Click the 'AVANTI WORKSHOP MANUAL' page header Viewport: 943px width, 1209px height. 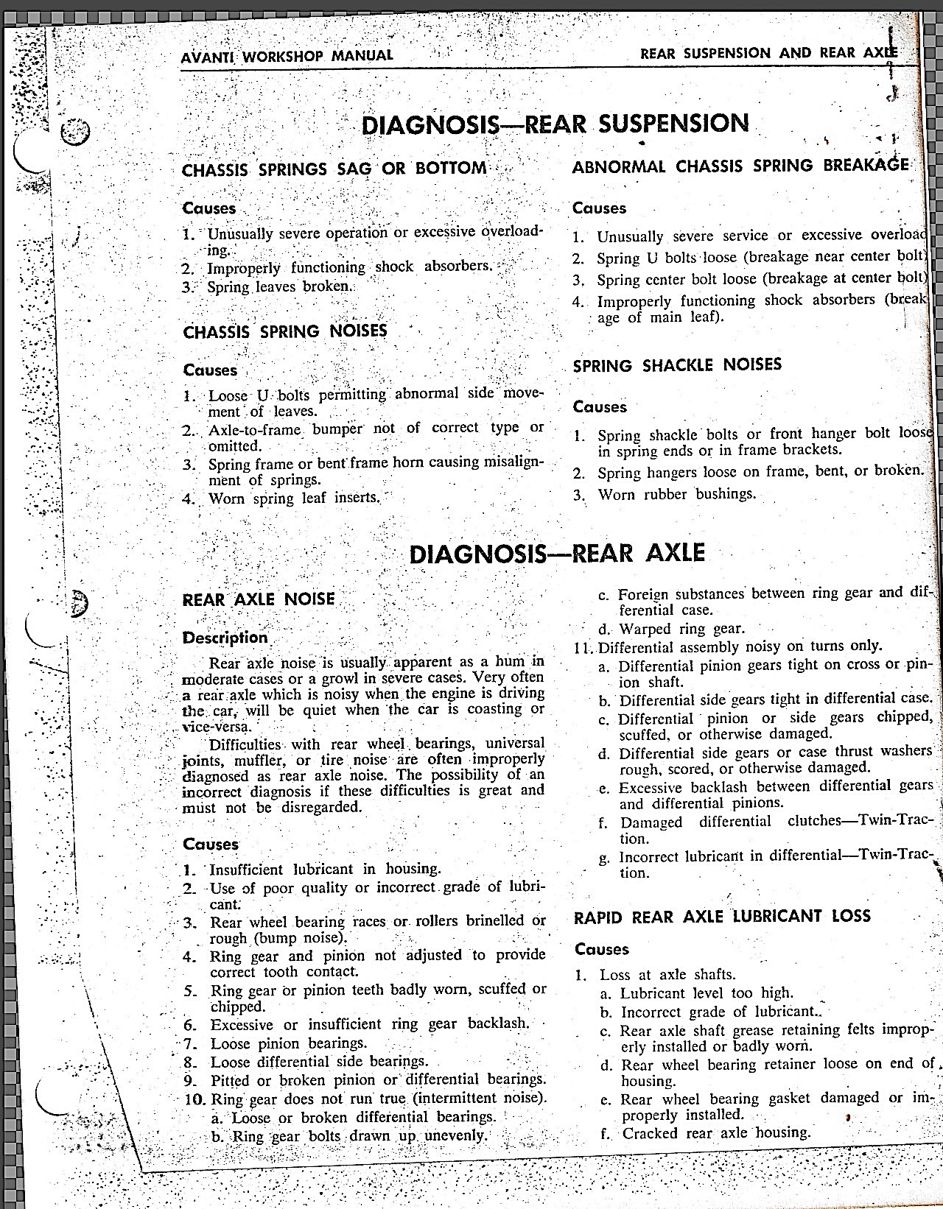[287, 55]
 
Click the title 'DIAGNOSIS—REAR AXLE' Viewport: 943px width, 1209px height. [557, 553]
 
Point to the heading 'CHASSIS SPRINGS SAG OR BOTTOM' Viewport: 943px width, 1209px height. [334, 169]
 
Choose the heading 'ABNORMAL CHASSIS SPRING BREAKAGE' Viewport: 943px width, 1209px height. [740, 166]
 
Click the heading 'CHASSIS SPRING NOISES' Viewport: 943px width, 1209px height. [285, 331]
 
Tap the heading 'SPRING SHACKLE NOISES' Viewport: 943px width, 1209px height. [677, 365]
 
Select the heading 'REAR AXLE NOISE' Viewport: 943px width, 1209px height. [259, 599]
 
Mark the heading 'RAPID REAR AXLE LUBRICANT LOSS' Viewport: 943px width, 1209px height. [722, 917]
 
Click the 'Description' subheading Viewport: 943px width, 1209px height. [225, 638]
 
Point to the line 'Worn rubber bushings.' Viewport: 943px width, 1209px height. [676, 494]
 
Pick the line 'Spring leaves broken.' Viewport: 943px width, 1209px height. [279, 286]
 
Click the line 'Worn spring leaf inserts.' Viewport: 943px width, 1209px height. [294, 498]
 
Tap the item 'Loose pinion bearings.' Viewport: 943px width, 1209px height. [288, 1043]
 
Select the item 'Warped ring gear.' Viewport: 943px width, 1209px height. [681, 629]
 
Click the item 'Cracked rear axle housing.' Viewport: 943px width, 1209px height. [715, 1133]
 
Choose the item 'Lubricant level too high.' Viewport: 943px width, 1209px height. [706, 993]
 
